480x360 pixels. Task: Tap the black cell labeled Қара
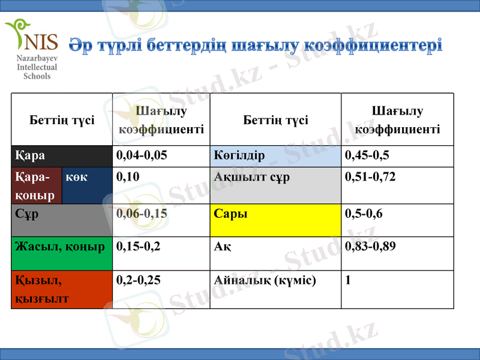click(x=62, y=155)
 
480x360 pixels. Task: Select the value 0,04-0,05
click(x=142, y=155)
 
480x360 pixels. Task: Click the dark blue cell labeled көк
click(x=87, y=186)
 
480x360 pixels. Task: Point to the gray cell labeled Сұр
click(x=62, y=220)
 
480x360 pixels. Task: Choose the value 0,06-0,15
click(x=142, y=213)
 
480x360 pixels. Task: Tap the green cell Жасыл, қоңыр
click(x=62, y=253)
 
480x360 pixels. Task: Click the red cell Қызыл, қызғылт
click(x=62, y=289)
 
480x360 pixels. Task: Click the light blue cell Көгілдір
click(x=275, y=155)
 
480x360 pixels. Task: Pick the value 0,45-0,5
click(x=367, y=155)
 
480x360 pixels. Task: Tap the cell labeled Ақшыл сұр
click(x=275, y=186)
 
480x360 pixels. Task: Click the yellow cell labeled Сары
click(x=275, y=220)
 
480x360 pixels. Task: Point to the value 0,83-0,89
click(x=370, y=246)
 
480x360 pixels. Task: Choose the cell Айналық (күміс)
click(x=265, y=280)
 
